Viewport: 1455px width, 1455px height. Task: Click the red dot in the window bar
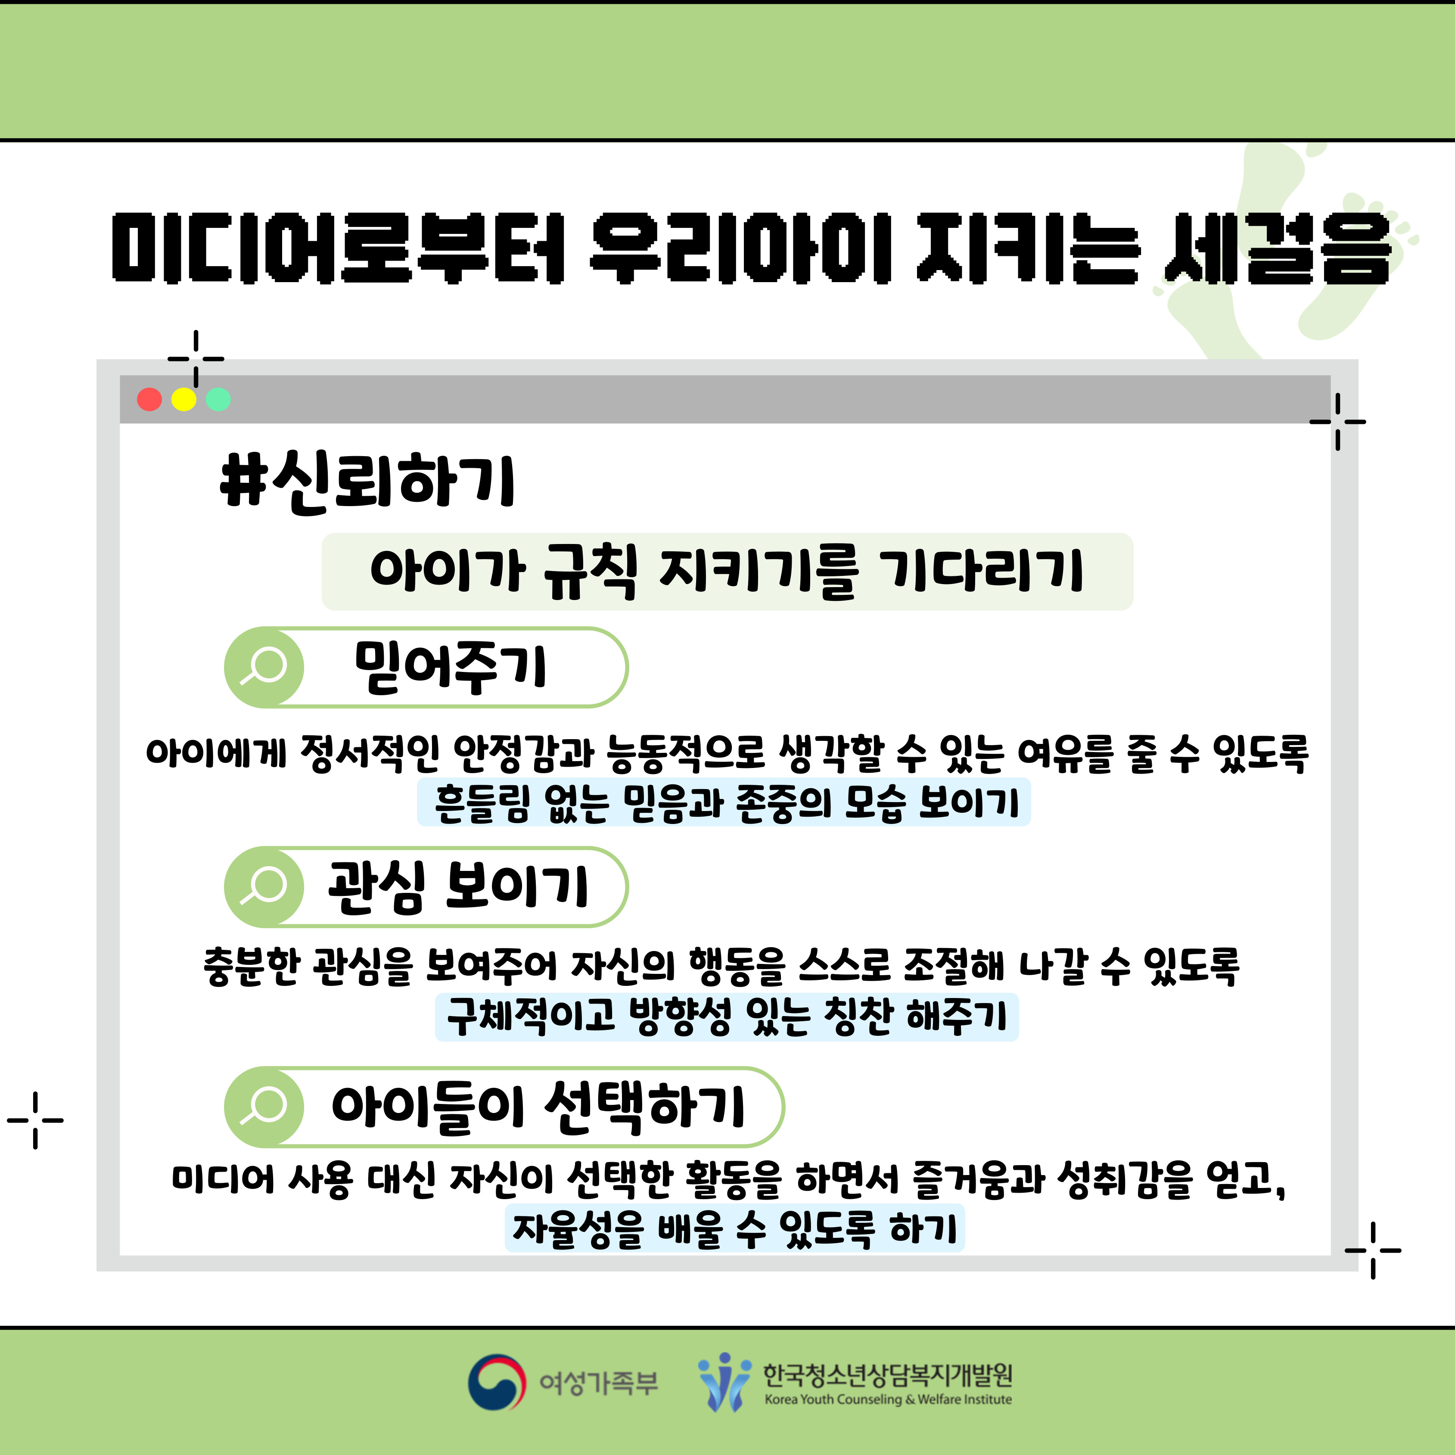pyautogui.click(x=149, y=399)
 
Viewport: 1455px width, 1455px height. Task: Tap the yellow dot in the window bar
pyautogui.click(x=184, y=399)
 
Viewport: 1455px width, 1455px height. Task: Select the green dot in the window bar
pyautogui.click(x=218, y=399)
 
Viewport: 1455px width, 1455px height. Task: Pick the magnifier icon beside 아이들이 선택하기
pyautogui.click(x=264, y=1106)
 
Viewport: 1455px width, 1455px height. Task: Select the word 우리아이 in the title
pyautogui.click(x=742, y=249)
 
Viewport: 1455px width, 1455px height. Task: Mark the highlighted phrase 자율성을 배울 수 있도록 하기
pyautogui.click(x=734, y=1228)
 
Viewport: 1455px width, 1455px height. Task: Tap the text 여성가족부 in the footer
pyautogui.click(x=599, y=1383)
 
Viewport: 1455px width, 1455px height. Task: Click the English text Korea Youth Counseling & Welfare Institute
pyautogui.click(x=888, y=1399)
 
